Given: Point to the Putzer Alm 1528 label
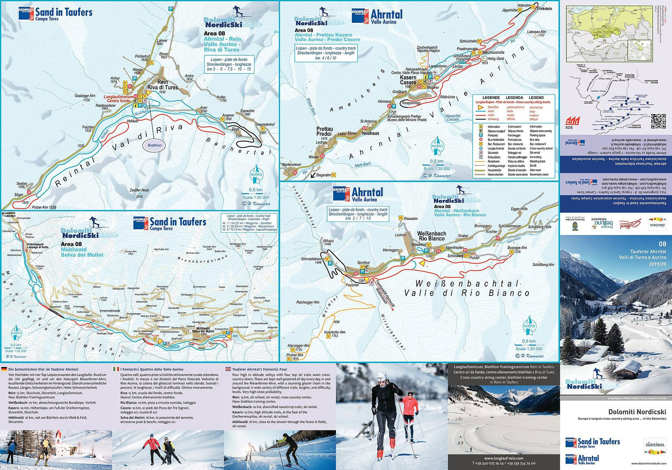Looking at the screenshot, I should pos(44,208).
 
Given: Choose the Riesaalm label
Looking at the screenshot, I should pos(411,218).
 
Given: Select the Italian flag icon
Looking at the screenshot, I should pos(116,369).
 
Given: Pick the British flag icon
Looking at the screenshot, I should pos(228,369).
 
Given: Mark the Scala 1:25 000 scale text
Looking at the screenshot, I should pos(15,350).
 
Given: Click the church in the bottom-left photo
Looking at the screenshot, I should pos(59,441).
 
